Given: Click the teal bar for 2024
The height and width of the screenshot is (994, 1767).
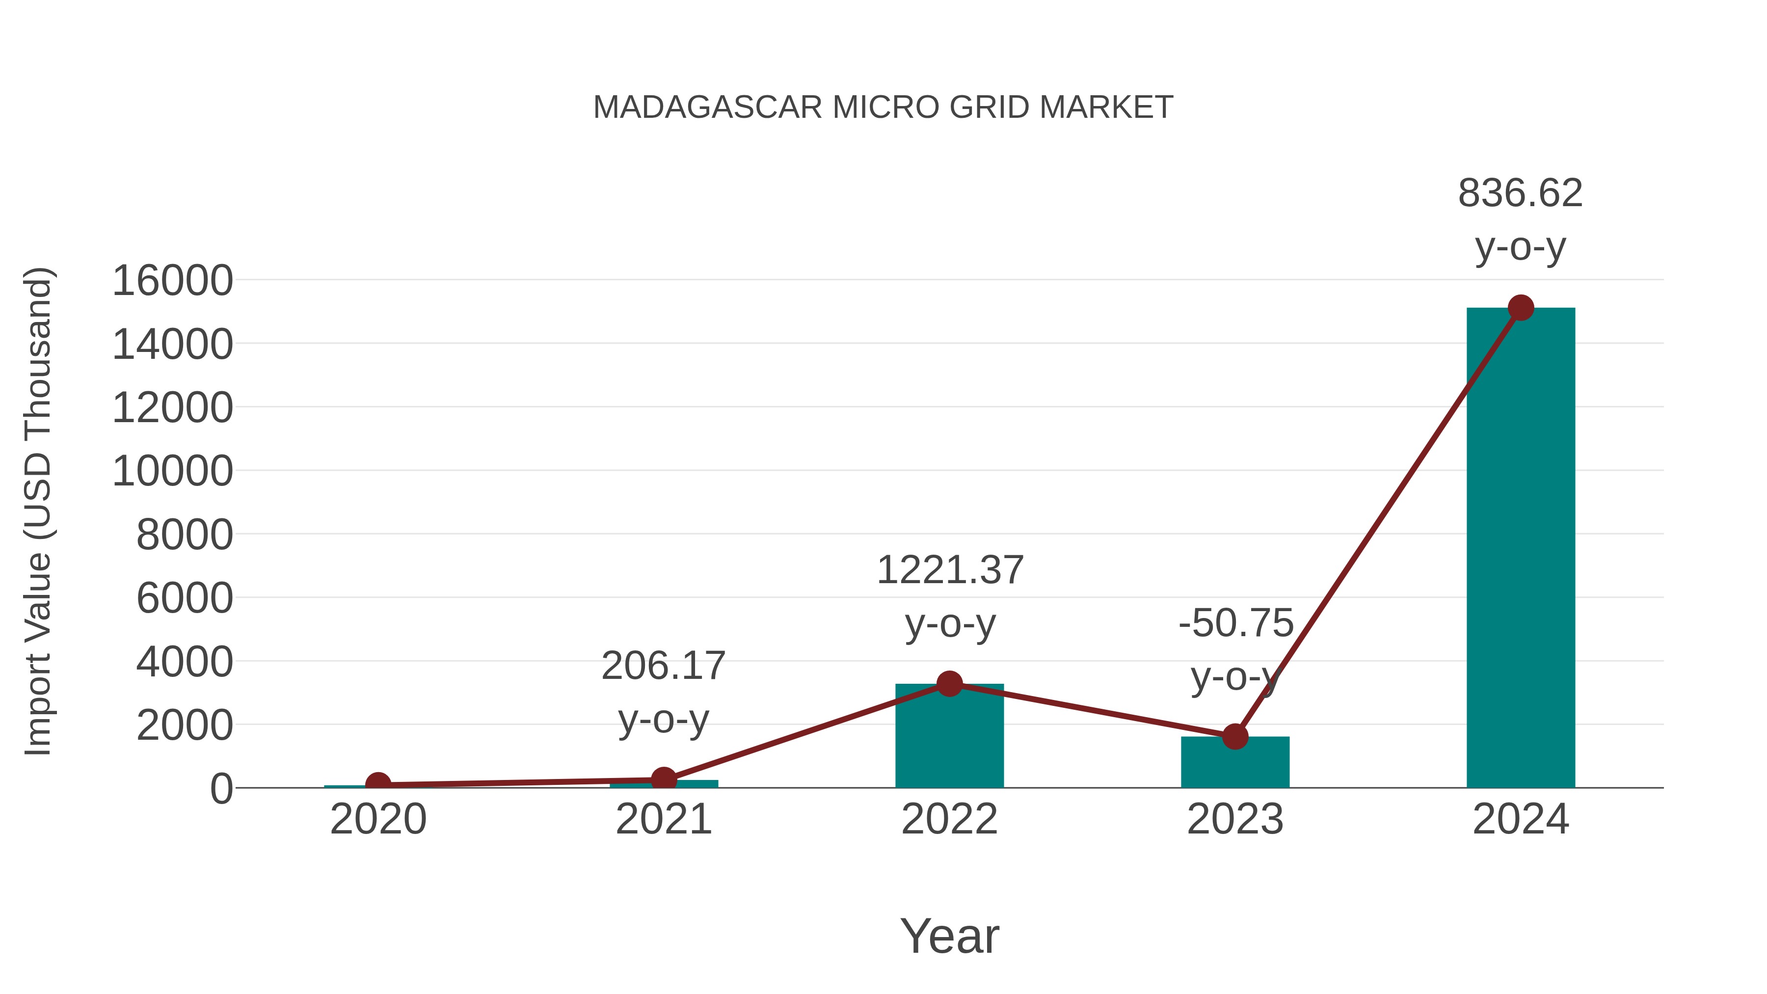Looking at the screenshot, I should pos(1520,549).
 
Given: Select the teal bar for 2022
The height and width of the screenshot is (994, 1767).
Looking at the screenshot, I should pos(949,737).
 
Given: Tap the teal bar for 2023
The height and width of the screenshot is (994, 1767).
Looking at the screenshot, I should pos(1235,763).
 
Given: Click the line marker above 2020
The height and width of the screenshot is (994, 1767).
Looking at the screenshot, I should pos(378,784).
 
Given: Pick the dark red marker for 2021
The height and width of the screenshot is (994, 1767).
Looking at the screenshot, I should pos(663,779).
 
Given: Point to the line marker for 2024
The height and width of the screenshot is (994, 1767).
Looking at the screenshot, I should pos(1521,308).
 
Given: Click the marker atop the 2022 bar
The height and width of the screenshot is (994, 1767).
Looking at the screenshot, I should pos(949,683).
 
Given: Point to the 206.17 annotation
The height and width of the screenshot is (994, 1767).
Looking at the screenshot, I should pos(663,666).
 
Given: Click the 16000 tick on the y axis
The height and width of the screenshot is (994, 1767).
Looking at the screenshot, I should pos(172,281).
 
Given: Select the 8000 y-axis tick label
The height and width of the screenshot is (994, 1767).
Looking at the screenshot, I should pos(185,535).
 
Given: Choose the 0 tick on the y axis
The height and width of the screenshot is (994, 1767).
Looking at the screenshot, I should pos(221,789).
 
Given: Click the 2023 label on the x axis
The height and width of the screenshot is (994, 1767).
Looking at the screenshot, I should pos(1235,819).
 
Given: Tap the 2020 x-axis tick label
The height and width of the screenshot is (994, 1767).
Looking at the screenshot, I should pos(378,819).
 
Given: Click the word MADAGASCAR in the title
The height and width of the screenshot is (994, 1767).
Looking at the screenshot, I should pos(707,107).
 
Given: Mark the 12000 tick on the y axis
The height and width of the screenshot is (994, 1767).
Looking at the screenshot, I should pos(172,408).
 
